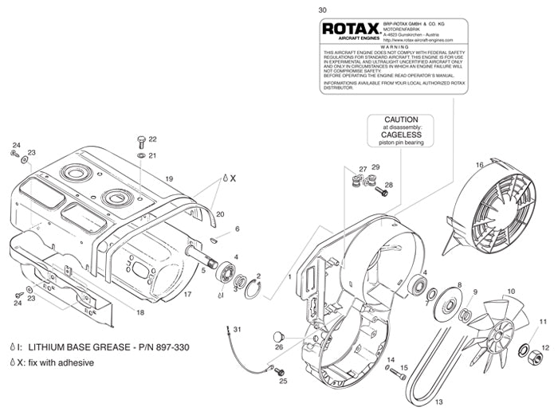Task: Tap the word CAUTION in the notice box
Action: pyautogui.click(x=396, y=119)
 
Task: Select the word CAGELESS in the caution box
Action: pyautogui.click(x=396, y=135)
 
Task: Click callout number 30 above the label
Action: pyautogui.click(x=321, y=10)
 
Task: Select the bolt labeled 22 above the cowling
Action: pyautogui.click(x=141, y=140)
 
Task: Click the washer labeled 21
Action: pyautogui.click(x=140, y=155)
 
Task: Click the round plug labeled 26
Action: pyautogui.click(x=280, y=335)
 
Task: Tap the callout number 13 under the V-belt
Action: pyautogui.click(x=438, y=401)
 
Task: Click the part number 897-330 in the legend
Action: pyautogui.click(x=172, y=347)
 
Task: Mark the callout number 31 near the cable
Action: pyautogui.click(x=236, y=329)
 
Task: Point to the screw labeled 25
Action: pyautogui.click(x=274, y=368)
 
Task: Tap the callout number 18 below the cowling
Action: pyautogui.click(x=140, y=313)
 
